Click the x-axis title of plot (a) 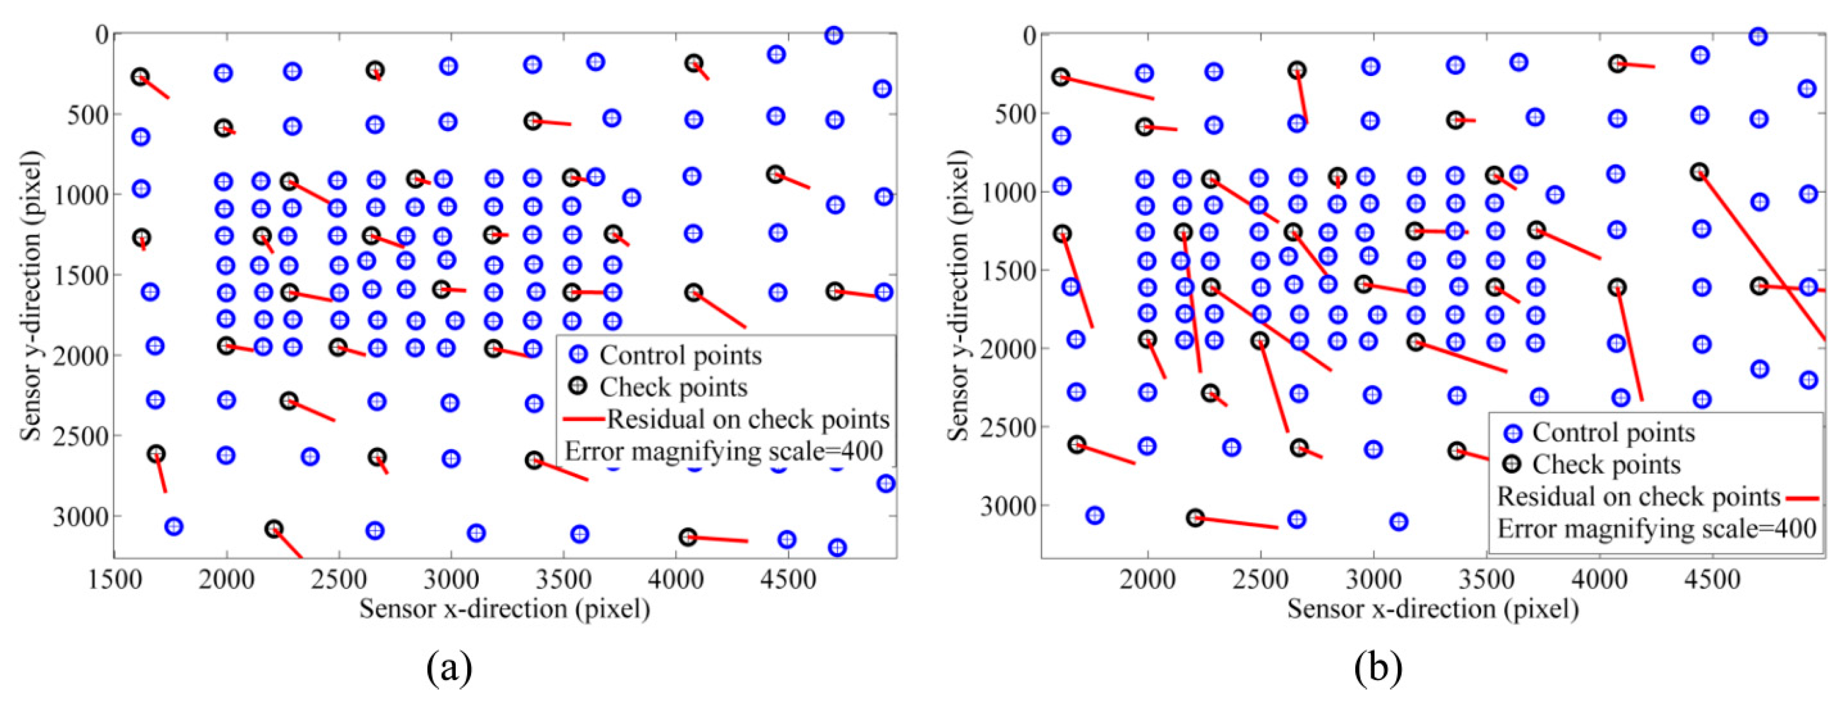point(505,609)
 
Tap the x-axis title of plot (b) point(1433,609)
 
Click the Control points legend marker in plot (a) point(577,354)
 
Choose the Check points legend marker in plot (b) point(1512,464)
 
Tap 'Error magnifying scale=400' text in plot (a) point(723,452)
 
